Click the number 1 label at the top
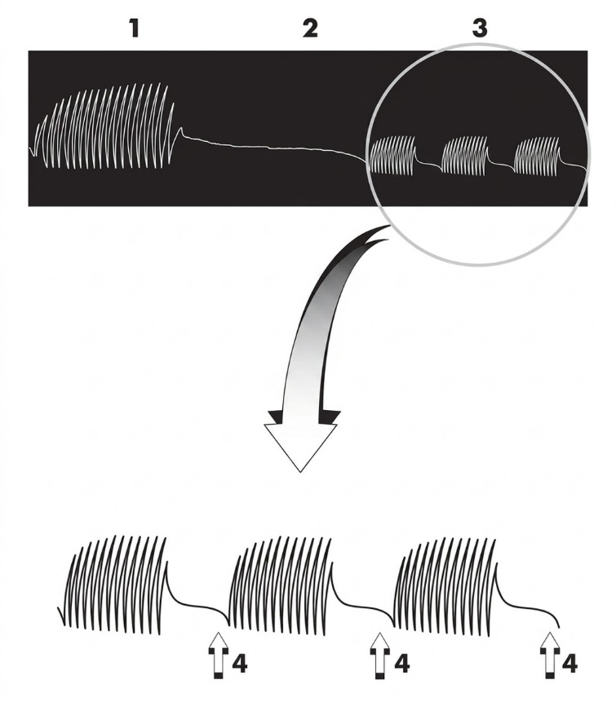click(134, 29)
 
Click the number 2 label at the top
click(310, 29)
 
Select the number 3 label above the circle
click(480, 29)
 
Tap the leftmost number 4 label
click(239, 664)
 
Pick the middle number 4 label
click(401, 664)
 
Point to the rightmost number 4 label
click(569, 664)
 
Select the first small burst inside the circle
click(393, 155)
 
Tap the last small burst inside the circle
click(538, 156)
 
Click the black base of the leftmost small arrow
click(219, 674)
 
